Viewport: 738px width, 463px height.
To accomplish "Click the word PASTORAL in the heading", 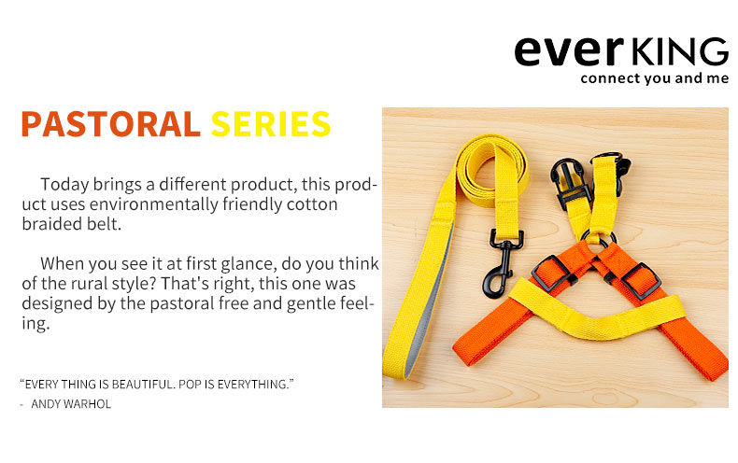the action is click(x=110, y=124).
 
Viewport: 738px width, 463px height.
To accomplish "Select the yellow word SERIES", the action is click(x=271, y=124).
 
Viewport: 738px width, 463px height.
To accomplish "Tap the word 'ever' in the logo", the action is click(x=569, y=50).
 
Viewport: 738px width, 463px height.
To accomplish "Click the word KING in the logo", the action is click(x=679, y=51).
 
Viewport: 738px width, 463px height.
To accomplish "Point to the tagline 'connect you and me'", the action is click(x=654, y=78).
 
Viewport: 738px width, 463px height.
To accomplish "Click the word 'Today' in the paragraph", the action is click(x=64, y=185).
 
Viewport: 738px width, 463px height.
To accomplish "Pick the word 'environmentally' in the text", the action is click(x=154, y=204).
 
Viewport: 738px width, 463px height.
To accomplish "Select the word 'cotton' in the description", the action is click(x=313, y=204).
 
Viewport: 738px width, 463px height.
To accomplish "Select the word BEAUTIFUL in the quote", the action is click(x=143, y=385).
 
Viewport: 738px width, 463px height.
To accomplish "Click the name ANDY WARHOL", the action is click(x=71, y=404).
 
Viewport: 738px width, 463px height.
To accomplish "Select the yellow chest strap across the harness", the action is click(x=597, y=311).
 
